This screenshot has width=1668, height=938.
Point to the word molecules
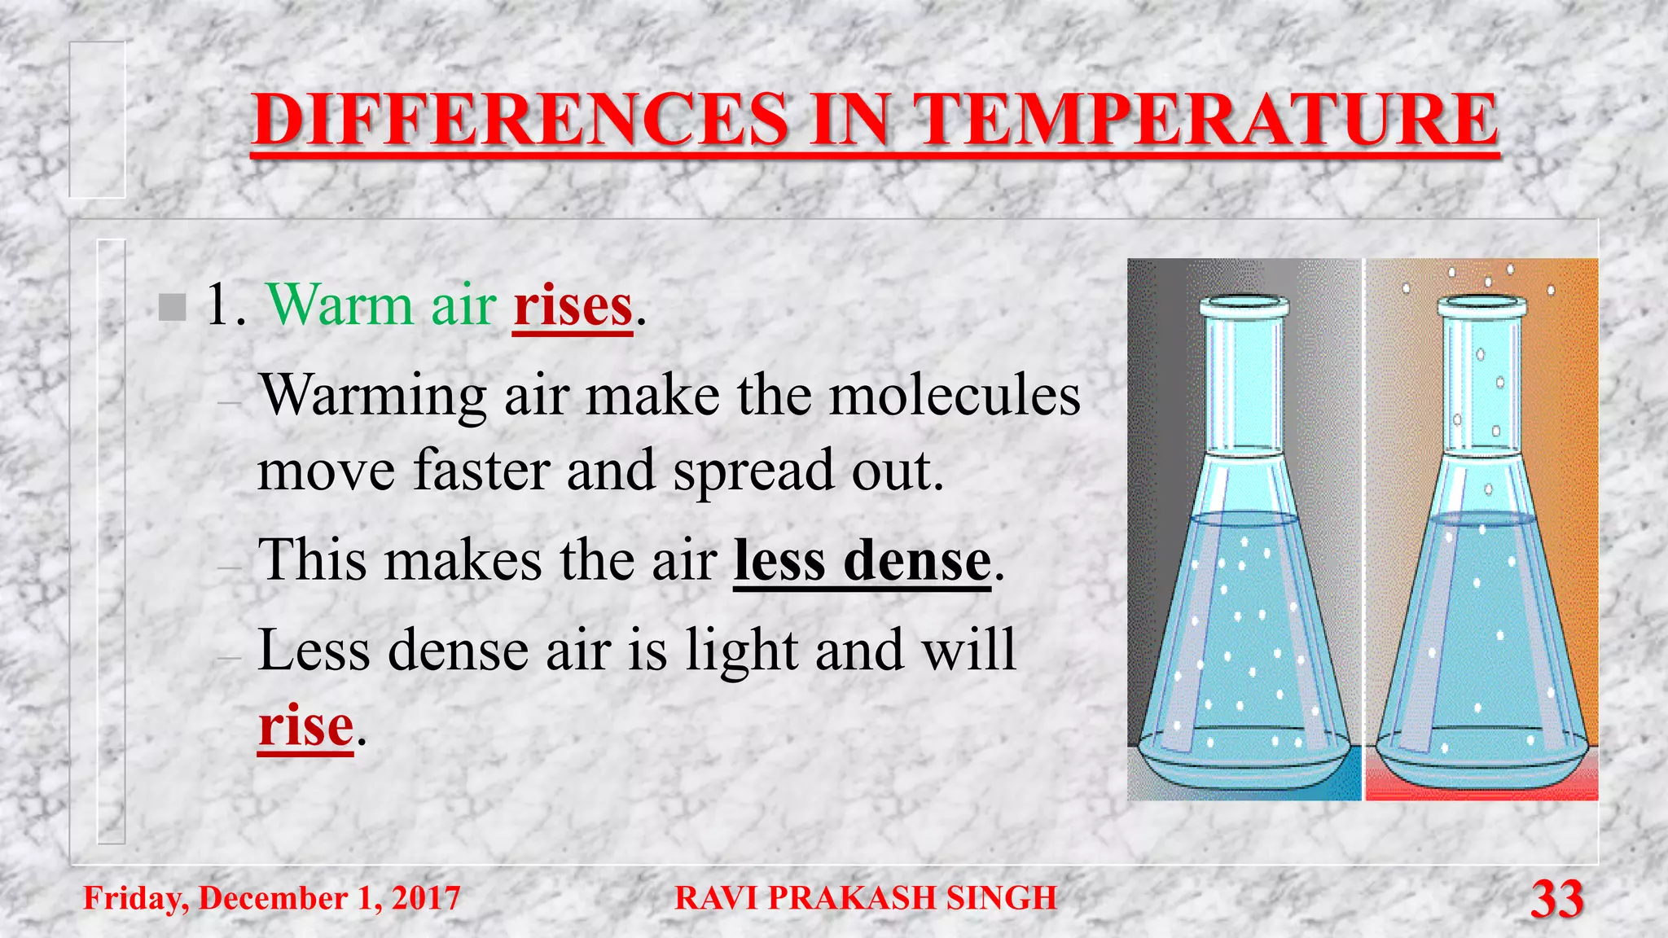955,396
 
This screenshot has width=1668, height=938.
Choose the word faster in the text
481,471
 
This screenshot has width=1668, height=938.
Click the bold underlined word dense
917,561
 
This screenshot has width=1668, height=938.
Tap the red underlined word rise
305,725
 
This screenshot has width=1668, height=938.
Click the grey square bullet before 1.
172,307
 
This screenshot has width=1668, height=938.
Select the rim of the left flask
1244,308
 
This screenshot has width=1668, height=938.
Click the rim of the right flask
1481,307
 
